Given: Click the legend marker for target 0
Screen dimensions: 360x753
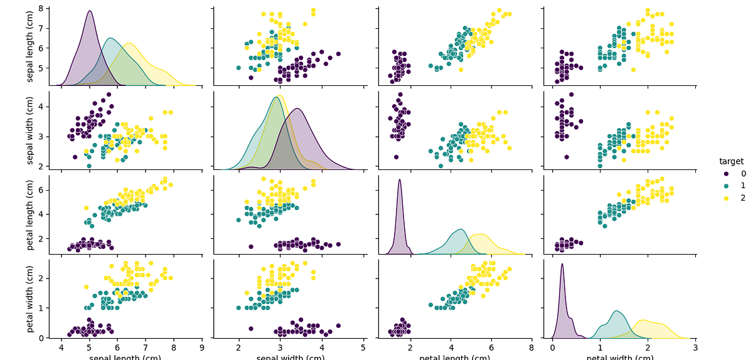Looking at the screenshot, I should [x=726, y=174].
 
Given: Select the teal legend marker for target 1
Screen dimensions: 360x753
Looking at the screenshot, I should [x=726, y=186].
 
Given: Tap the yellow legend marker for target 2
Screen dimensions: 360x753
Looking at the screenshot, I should [x=726, y=198].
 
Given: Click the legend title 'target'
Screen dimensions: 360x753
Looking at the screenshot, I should [x=731, y=161].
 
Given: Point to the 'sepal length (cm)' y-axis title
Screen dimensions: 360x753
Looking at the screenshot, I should [x=30, y=46].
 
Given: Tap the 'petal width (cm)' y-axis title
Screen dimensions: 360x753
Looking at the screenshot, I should [x=30, y=299].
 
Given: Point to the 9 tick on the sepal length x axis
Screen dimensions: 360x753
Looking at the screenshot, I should [x=202, y=347].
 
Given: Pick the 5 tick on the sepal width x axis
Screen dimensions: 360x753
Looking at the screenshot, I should [x=363, y=347].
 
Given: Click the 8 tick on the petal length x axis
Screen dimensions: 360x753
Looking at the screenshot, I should [x=531, y=347].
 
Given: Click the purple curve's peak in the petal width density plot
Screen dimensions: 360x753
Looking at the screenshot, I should [x=562, y=264].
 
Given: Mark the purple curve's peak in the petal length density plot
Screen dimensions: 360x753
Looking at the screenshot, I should [x=399, y=180].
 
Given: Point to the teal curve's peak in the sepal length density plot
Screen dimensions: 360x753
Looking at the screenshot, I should [x=110, y=39].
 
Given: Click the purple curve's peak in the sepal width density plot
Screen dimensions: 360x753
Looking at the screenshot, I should [x=297, y=109].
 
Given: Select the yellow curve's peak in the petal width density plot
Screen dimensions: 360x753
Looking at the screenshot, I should [x=643, y=320].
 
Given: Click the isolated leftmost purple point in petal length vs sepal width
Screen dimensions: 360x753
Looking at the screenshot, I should [x=251, y=246].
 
